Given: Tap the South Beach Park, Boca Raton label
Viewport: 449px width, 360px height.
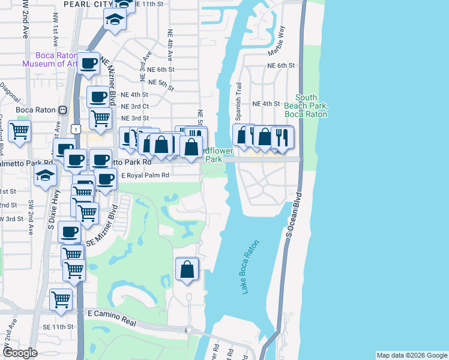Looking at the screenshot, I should pyautogui.click(x=314, y=106).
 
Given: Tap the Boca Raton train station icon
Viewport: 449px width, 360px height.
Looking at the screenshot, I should pyautogui.click(x=62, y=110).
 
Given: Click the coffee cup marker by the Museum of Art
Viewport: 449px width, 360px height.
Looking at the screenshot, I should pyautogui.click(x=89, y=63).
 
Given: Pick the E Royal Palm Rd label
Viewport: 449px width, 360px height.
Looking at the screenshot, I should pyautogui.click(x=146, y=176).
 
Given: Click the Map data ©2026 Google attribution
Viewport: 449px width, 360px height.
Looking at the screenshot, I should pyautogui.click(x=411, y=355).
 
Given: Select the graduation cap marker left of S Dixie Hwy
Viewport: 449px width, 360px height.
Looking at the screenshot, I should pyautogui.click(x=45, y=176).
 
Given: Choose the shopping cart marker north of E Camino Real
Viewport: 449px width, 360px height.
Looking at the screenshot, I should pyautogui.click(x=61, y=298).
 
